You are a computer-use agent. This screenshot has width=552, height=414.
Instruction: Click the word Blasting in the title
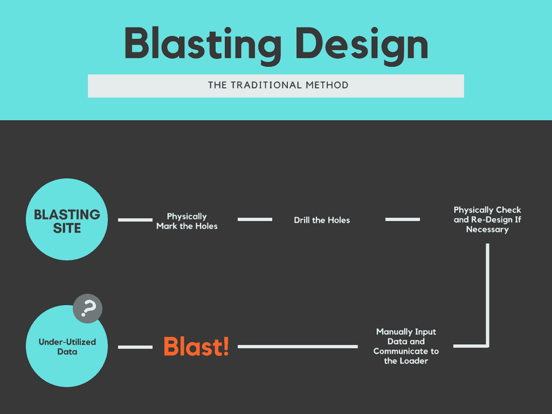[203, 45]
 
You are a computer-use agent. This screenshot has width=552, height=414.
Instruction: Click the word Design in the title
[362, 45]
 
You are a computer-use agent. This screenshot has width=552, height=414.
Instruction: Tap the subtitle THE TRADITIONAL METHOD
[278, 85]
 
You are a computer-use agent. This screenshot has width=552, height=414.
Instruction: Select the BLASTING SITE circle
[67, 219]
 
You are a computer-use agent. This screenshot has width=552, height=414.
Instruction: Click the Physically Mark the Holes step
[187, 221]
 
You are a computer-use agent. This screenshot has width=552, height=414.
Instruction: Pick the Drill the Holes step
[322, 220]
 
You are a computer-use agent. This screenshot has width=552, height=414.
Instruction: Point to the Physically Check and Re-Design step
[487, 220]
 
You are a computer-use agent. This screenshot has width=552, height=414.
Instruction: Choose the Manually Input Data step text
[406, 346]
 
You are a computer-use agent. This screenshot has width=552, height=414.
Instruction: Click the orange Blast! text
[196, 346]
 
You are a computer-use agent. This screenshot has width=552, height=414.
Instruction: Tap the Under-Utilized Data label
[67, 347]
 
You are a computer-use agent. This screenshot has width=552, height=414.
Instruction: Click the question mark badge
[88, 308]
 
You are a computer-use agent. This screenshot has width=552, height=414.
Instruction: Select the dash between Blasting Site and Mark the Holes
[135, 220]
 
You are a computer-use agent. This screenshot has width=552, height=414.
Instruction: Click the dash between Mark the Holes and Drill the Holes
[255, 219]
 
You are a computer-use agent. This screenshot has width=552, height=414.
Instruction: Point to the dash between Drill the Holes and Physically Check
[402, 219]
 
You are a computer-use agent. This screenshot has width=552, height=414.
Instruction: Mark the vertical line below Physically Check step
[487, 294]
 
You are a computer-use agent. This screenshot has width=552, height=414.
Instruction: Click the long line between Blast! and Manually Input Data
[298, 347]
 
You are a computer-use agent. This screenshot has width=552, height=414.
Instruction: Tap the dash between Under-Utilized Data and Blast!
[135, 347]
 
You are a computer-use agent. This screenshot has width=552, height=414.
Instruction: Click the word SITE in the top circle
[67, 229]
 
